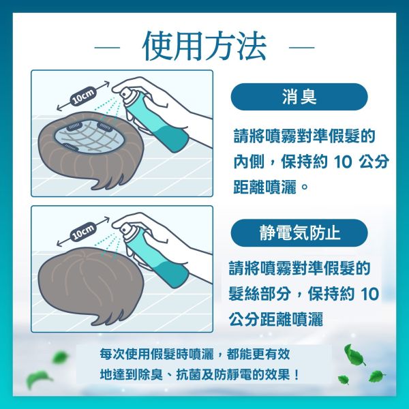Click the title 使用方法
point(204,46)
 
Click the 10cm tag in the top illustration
point(84,97)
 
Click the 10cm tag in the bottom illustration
point(84,232)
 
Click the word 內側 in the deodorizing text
point(245,162)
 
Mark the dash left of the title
point(106,48)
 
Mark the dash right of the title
point(302,48)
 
